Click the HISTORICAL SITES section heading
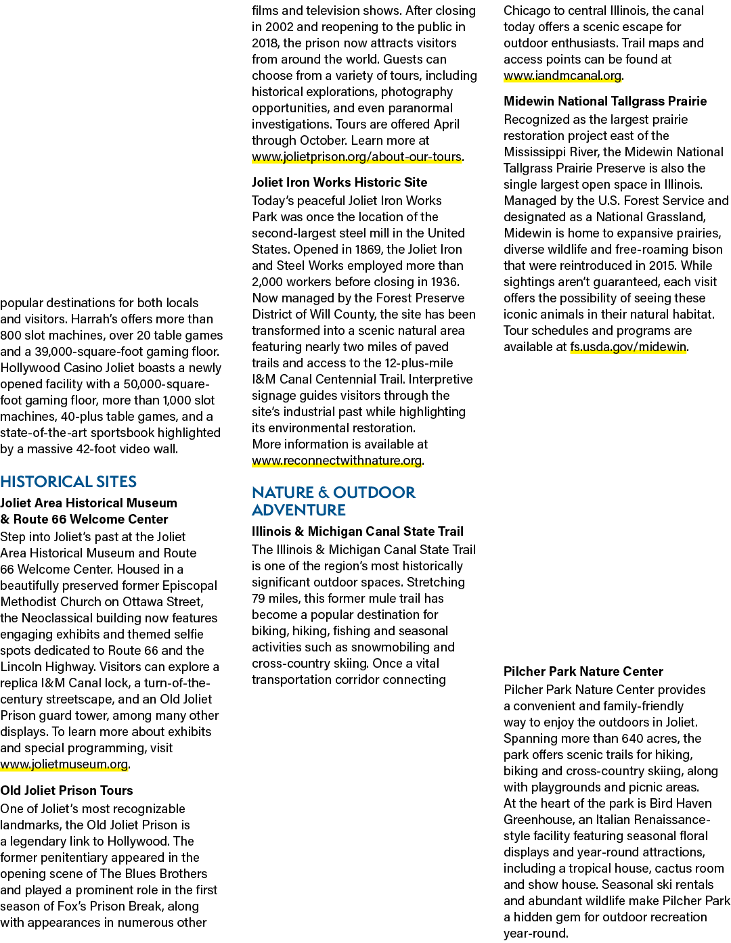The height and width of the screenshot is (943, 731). tap(68, 481)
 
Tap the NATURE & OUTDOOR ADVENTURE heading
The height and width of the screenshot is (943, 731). tap(334, 501)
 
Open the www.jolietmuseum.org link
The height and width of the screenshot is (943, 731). tap(64, 764)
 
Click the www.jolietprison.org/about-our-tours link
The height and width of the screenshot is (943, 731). tap(357, 157)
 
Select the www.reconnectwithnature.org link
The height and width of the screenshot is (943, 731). tap(337, 461)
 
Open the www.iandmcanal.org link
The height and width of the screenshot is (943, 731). tap(562, 76)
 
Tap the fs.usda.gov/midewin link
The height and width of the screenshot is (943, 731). tap(628, 347)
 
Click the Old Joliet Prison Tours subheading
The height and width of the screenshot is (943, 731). tap(66, 790)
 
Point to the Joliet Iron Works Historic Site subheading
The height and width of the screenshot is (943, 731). tap(340, 182)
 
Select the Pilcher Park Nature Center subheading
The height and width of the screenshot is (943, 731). tap(583, 671)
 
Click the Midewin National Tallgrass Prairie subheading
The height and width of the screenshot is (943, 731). tap(605, 101)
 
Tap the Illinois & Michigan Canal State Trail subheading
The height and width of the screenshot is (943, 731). tap(357, 531)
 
